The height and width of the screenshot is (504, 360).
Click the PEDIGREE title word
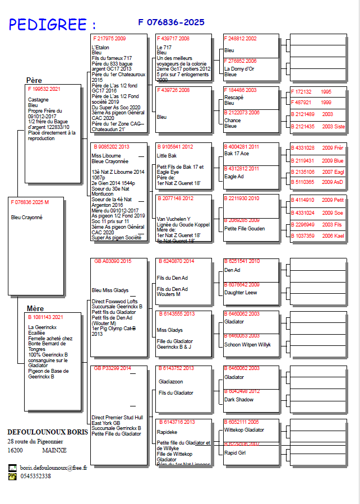click(48, 24)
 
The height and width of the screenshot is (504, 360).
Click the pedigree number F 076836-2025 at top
click(171, 22)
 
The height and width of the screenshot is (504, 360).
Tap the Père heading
click(34, 80)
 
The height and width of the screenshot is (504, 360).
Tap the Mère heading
click(35, 308)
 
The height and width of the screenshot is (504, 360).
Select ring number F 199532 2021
click(44, 89)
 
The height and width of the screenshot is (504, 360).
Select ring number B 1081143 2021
click(45, 317)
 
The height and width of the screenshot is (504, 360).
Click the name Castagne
click(38, 99)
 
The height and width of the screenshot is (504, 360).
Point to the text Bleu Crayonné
click(27, 218)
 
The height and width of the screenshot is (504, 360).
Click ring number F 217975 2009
click(109, 39)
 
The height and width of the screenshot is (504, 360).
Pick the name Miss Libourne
click(105, 156)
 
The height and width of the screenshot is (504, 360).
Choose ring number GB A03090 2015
click(113, 261)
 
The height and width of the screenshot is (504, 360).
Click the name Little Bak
click(167, 156)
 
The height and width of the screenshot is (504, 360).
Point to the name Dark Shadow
click(238, 400)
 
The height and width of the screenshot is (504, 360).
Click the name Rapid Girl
click(235, 452)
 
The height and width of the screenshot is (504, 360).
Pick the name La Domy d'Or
click(239, 68)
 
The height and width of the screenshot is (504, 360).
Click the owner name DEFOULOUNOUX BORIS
click(48, 433)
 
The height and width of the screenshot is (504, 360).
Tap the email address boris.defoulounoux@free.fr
click(53, 468)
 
